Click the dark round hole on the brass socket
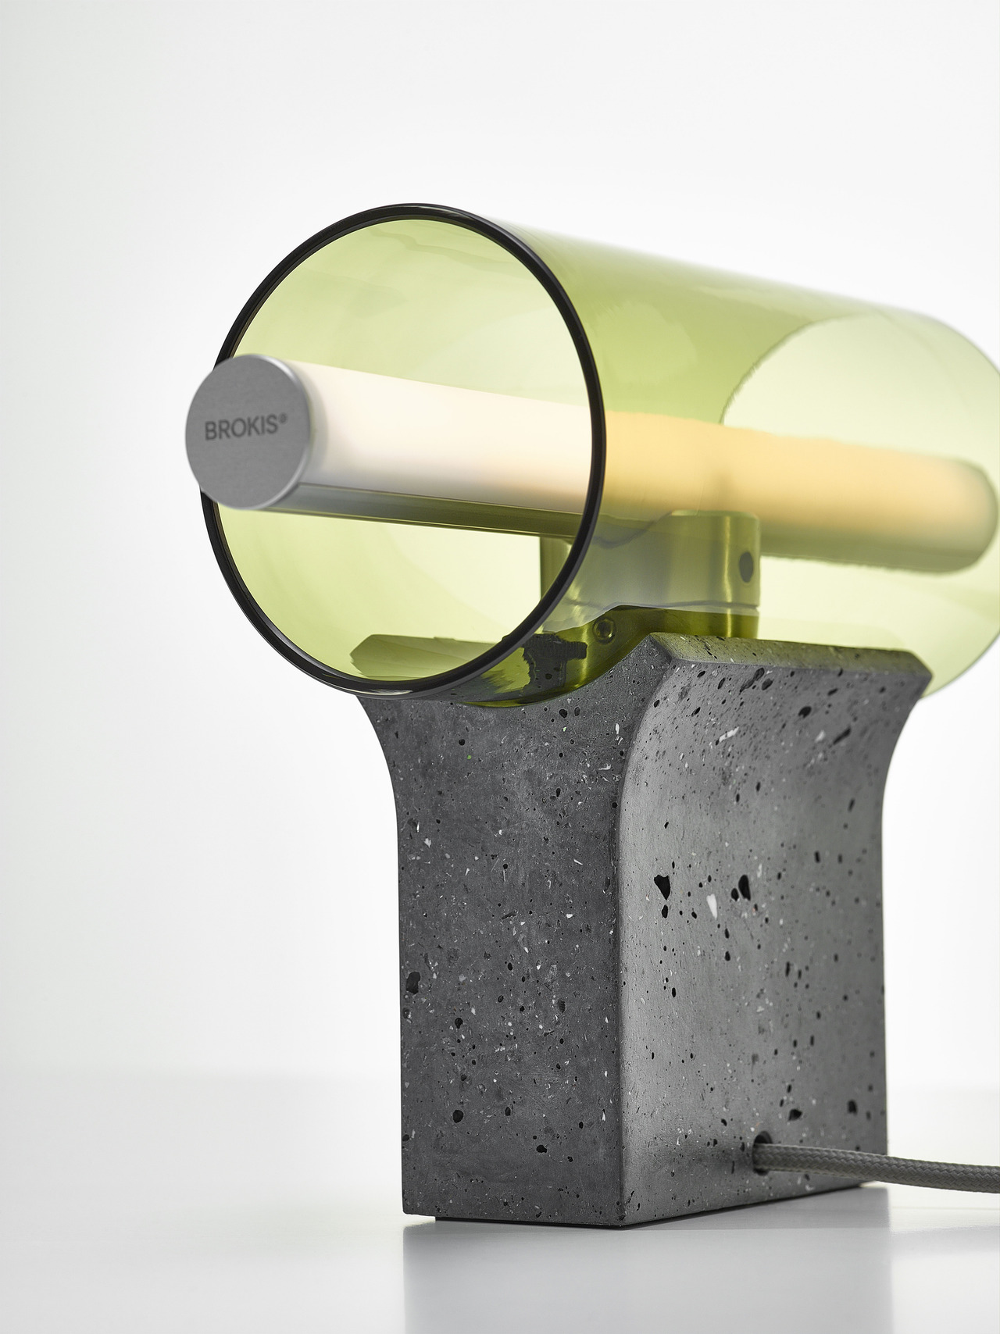click(746, 563)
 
